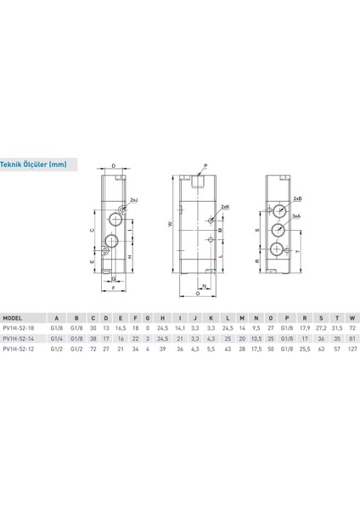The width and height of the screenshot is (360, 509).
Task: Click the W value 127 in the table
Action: coord(350,347)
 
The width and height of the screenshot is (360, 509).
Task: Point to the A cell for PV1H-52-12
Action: coord(56,347)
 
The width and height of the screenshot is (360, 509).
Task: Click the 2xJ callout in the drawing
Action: coord(133,200)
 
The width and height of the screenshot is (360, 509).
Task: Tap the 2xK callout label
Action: coord(224,207)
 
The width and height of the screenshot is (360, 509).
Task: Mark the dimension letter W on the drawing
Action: coord(171,225)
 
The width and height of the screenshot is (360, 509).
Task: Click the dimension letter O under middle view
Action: coord(198,296)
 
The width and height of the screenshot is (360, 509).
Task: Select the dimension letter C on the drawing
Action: coord(92,229)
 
